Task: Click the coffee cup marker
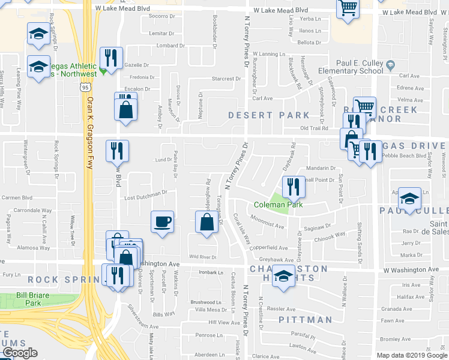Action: click(x=162, y=222)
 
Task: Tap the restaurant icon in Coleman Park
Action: click(x=294, y=186)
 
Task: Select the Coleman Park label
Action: click(x=278, y=205)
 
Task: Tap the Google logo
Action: click(x=19, y=353)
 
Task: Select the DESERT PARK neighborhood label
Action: click(x=268, y=115)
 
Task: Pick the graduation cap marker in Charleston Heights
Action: click(x=284, y=277)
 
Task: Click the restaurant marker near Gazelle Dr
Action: click(x=110, y=58)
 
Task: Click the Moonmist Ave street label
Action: click(x=268, y=225)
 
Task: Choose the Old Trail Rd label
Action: click(x=314, y=128)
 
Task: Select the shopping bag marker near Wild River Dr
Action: click(x=206, y=222)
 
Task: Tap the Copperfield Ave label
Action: click(x=270, y=247)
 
